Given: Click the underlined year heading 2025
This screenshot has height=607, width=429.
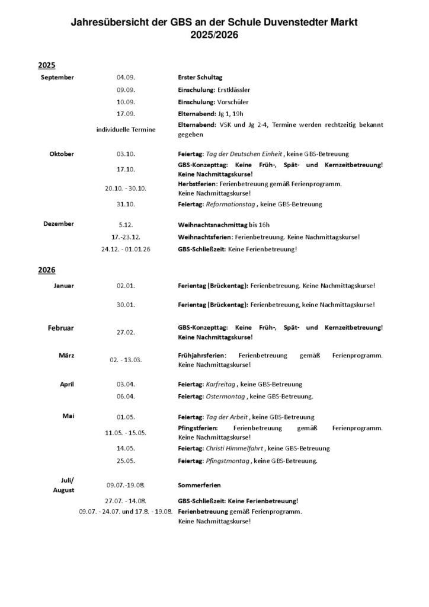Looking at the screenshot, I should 46,65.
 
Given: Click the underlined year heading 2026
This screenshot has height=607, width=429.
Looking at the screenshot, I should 46,270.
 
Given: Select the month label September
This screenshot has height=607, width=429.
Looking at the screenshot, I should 57,78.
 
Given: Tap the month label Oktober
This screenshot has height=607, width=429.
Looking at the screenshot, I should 62,154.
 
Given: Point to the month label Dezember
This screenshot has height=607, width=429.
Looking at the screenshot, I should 59,224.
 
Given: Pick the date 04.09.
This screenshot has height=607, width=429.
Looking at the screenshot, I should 126,78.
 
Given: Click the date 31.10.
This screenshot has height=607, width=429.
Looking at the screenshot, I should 126,205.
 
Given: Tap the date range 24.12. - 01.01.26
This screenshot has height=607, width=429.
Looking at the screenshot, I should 126,250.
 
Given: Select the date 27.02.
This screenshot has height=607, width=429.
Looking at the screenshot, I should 126,333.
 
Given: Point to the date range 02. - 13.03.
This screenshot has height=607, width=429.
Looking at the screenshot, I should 126,360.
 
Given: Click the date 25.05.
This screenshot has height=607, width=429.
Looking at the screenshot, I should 126,461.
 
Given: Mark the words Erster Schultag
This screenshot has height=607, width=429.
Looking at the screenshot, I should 200,78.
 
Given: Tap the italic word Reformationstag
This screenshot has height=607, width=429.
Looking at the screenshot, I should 230,205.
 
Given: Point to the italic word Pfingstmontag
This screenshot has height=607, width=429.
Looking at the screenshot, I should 228,461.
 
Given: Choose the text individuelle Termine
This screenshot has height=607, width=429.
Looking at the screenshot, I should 126,130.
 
